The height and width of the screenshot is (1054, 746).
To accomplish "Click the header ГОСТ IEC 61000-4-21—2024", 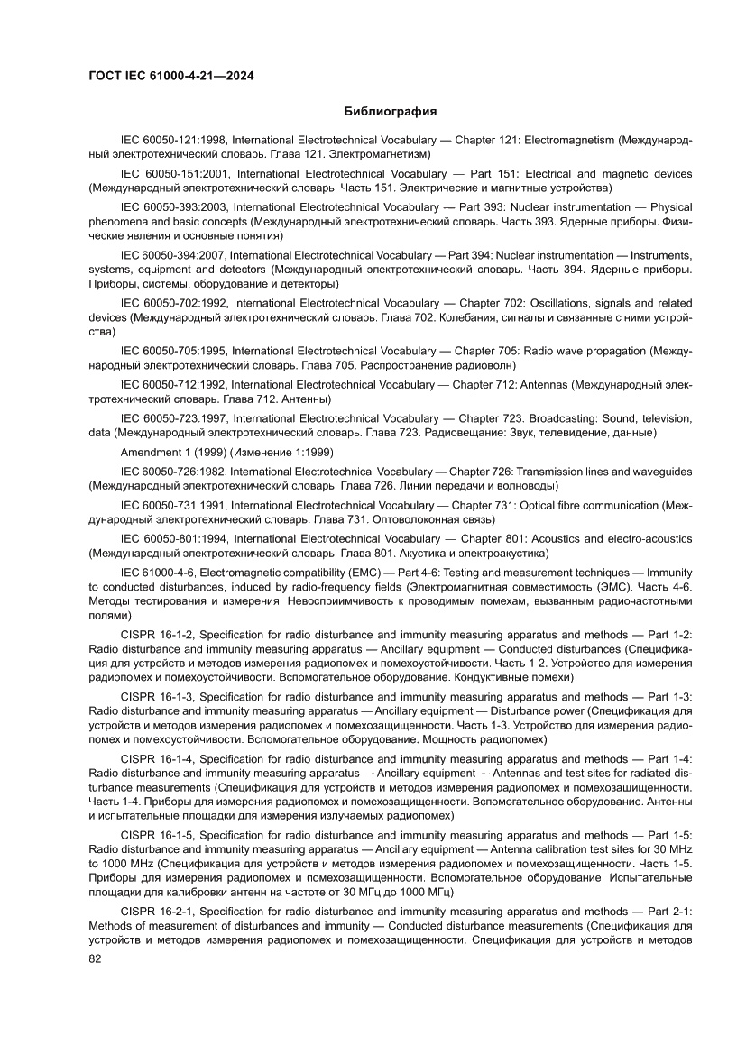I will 170,77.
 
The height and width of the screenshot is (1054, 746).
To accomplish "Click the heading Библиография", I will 391,112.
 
